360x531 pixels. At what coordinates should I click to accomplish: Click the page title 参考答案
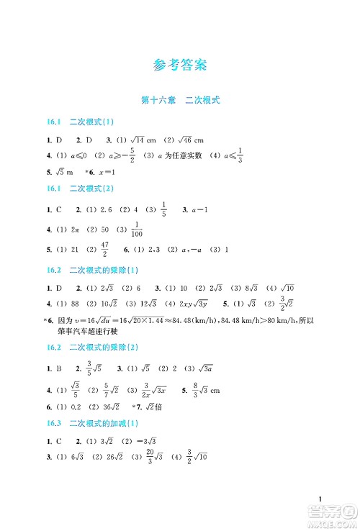(180, 65)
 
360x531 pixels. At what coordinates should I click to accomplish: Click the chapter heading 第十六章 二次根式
(180, 101)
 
